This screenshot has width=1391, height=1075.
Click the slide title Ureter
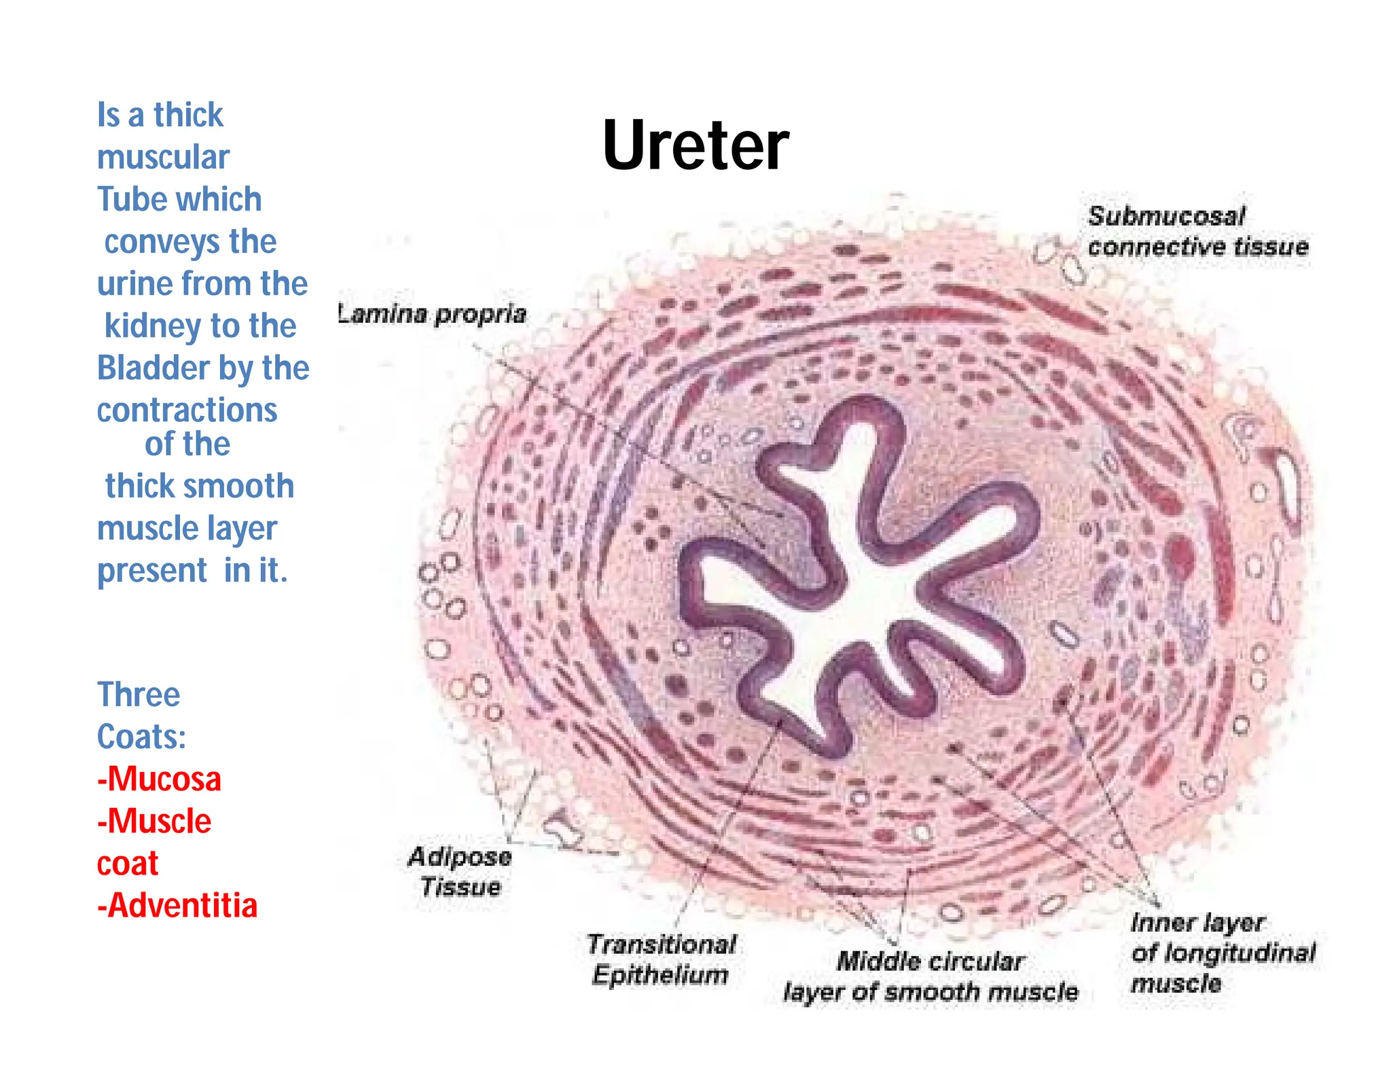(695, 145)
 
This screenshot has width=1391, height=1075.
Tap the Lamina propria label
(433, 314)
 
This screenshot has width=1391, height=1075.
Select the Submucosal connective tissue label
(1197, 232)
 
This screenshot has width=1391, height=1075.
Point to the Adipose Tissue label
(460, 872)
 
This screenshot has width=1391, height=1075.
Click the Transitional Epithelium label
(662, 959)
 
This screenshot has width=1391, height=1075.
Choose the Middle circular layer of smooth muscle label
(930, 976)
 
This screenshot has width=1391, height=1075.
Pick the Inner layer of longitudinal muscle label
(1221, 953)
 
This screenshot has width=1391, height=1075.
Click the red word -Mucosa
(159, 779)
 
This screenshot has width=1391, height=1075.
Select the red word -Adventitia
(177, 905)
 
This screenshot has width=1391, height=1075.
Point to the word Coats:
(141, 737)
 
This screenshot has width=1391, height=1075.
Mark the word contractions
(187, 410)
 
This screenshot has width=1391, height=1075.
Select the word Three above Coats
(139, 694)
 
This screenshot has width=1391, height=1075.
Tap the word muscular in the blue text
(163, 158)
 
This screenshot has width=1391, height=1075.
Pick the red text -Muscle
(154, 821)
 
